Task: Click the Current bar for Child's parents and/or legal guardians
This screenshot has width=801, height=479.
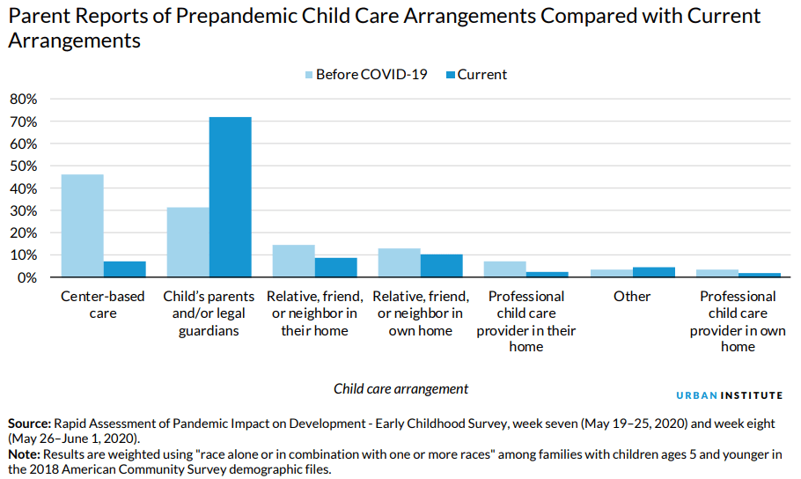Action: coord(230,197)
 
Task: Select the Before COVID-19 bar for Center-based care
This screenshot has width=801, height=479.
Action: coord(82,225)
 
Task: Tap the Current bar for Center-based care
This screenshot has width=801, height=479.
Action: coord(124,269)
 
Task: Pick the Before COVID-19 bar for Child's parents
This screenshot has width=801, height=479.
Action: coord(187,242)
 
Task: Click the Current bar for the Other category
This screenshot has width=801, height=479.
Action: coord(653,272)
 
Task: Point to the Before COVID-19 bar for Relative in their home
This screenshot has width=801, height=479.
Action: coord(293,261)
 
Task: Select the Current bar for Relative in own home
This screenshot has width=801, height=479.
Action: coord(442,266)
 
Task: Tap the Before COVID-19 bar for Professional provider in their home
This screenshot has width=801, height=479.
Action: coord(504,269)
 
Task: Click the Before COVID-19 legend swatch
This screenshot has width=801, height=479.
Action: coord(308,75)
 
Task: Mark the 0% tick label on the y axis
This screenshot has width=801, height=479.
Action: coord(26,277)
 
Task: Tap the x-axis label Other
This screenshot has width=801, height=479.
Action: coord(631,297)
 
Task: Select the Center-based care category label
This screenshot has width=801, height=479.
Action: coord(103,305)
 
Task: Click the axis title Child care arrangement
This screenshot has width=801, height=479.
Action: coord(400,388)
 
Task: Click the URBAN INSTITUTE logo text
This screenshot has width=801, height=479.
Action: coord(729,395)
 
